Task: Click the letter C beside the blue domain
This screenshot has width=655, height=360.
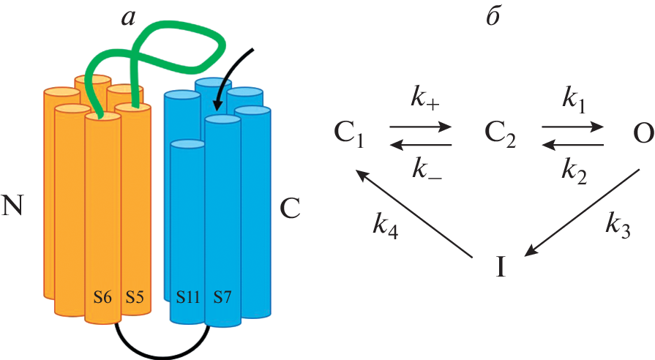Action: [x=291, y=209]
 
